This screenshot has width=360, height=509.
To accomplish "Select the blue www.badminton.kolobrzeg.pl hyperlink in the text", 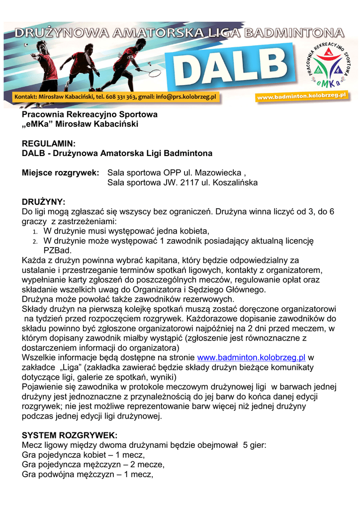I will pyautogui.click(x=251, y=357).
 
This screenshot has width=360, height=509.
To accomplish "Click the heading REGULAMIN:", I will pyautogui.click(x=49, y=143).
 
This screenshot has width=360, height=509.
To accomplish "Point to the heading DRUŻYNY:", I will pyautogui.click(x=44, y=202).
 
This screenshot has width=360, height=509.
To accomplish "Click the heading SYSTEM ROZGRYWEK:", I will pyautogui.click(x=70, y=435).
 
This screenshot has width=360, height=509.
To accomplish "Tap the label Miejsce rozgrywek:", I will pyautogui.click(x=61, y=173).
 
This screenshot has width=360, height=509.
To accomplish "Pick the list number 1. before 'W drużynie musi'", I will pyautogui.click(x=35, y=231).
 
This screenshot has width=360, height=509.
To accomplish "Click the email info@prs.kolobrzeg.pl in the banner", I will pyautogui.click(x=184, y=96).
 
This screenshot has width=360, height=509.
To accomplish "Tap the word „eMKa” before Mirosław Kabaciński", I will pyautogui.click(x=38, y=124).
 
